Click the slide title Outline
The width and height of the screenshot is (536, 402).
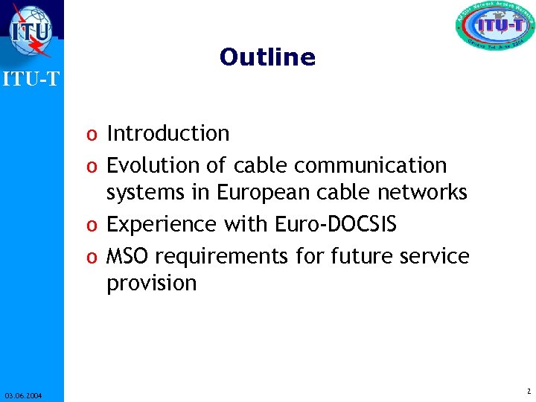click(267, 57)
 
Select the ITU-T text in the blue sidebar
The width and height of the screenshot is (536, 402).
click(31, 78)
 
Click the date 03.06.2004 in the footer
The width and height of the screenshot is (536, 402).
click(22, 395)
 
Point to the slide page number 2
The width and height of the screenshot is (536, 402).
click(527, 392)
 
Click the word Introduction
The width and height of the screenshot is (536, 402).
click(168, 134)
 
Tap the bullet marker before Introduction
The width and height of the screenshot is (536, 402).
click(90, 135)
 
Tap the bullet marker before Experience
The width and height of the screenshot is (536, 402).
click(90, 226)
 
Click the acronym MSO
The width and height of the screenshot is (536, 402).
click(128, 257)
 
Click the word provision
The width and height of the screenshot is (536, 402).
click(151, 284)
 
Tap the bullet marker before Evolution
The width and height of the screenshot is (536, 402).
click(90, 166)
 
